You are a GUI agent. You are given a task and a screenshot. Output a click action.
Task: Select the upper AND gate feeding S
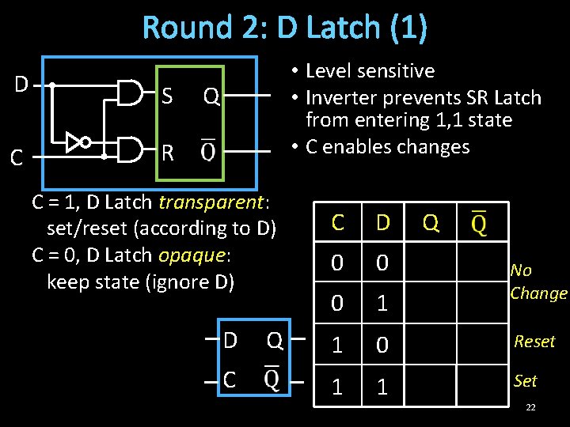tap(130, 93)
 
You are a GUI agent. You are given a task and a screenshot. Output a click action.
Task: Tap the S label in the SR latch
tap(166, 96)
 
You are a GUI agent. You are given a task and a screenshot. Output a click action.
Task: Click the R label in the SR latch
tap(167, 152)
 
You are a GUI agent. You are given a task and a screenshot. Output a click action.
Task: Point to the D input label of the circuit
tap(21, 83)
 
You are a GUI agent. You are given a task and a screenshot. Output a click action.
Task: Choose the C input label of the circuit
tap(16, 159)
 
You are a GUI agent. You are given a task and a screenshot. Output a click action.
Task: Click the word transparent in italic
tap(210, 202)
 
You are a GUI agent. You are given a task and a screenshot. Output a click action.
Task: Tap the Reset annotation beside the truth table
tap(534, 342)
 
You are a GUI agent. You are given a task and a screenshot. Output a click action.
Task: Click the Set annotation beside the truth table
tap(525, 381)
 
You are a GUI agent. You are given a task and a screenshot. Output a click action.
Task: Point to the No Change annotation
tap(538, 282)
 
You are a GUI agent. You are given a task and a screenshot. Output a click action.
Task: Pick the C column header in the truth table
tap(337, 223)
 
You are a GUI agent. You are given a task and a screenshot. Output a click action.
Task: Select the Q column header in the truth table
tap(431, 223)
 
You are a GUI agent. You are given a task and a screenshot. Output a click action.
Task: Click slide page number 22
tap(530, 406)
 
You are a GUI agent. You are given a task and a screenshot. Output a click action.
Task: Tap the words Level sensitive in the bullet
tap(370, 71)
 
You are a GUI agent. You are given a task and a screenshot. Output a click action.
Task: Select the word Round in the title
tap(181, 28)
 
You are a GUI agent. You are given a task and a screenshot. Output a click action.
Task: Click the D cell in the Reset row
tap(383, 346)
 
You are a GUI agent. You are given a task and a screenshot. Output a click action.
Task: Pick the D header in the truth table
tap(383, 223)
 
